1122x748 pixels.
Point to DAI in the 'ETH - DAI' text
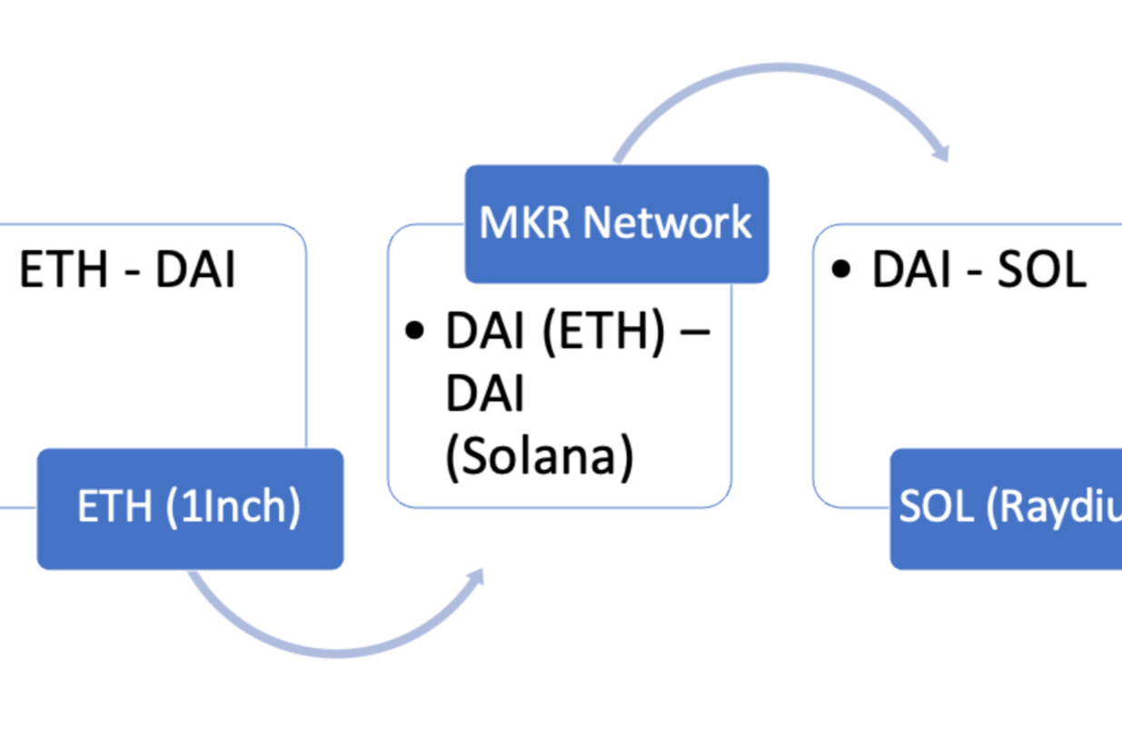(195, 270)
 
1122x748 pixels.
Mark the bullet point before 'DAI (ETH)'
(414, 332)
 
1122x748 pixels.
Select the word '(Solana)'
(539, 456)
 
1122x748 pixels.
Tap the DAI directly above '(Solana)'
(484, 395)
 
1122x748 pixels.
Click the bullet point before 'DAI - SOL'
(842, 270)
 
